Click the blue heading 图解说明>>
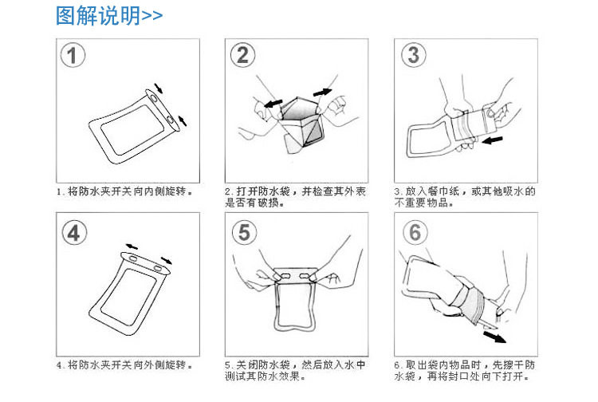[x=109, y=16]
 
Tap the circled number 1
[x=73, y=55]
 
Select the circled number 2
[x=242, y=55]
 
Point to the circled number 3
[x=413, y=55]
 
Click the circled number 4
[x=74, y=233]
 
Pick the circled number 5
[x=245, y=233]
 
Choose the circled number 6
[x=415, y=233]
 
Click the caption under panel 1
[x=124, y=191]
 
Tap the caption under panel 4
[x=124, y=365]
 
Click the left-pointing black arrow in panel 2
[x=273, y=104]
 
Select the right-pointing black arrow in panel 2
[x=322, y=93]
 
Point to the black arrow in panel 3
[x=492, y=140]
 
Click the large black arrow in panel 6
[x=494, y=337]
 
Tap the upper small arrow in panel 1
[x=159, y=88]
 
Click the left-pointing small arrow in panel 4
[x=132, y=246]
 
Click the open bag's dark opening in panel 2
[x=299, y=112]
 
